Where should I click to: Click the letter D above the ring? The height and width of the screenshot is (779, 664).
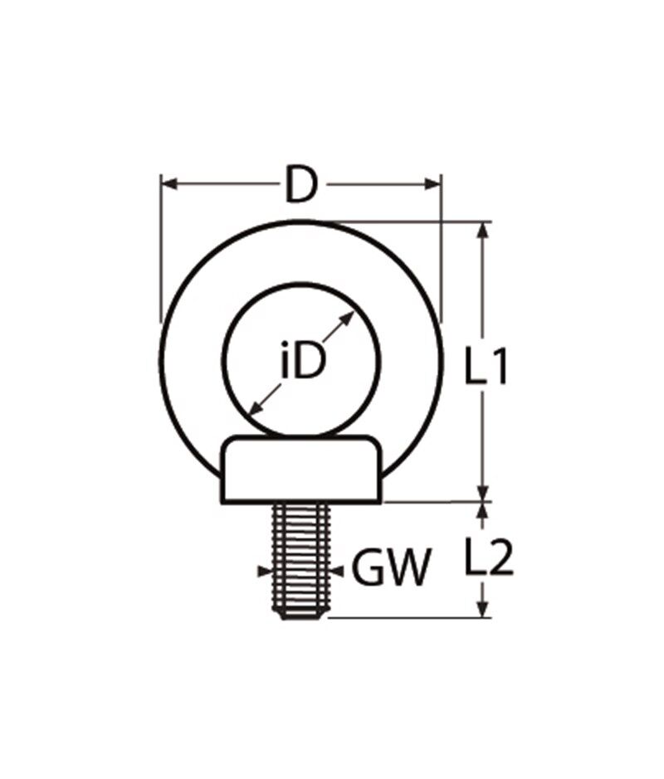point(300,184)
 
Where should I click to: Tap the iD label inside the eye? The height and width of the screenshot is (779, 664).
point(300,363)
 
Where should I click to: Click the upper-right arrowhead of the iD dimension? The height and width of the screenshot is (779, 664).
point(354,318)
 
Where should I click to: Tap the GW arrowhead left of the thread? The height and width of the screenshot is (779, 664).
point(265,571)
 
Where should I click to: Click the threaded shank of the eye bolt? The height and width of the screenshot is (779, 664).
point(300,556)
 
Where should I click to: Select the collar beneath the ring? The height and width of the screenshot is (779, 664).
point(300,471)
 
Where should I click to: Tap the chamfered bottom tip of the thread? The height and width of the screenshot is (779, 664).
point(300,614)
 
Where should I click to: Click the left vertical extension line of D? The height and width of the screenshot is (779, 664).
point(159,249)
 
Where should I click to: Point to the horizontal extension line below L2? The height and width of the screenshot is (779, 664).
point(407,617)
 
